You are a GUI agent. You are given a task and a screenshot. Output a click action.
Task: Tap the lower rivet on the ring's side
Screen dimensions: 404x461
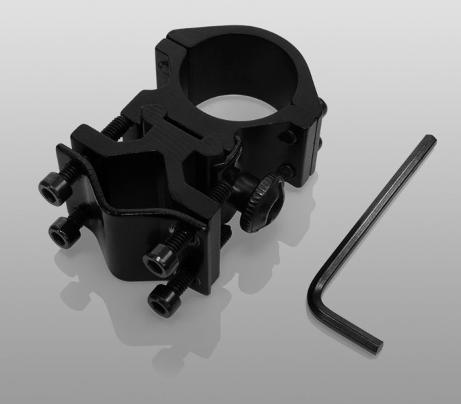(x=289, y=169)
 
